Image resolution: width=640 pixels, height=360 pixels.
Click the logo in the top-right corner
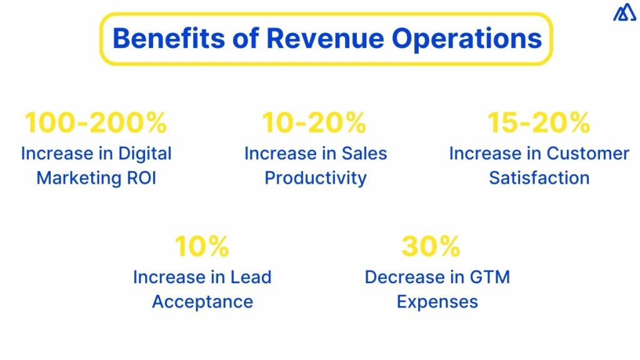click(x=624, y=12)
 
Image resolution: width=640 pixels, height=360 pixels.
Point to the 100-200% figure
click(x=96, y=123)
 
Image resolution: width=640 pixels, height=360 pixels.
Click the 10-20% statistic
click(x=314, y=123)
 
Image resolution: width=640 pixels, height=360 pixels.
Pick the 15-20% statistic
click(x=539, y=123)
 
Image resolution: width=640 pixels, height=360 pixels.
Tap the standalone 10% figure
click(x=202, y=247)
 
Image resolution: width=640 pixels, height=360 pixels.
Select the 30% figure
click(x=431, y=247)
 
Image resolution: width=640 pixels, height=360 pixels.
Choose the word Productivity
click(x=315, y=178)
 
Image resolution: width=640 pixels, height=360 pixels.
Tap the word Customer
click(x=588, y=154)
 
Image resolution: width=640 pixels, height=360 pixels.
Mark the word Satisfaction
click(x=539, y=178)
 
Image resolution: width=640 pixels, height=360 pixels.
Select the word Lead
click(x=249, y=277)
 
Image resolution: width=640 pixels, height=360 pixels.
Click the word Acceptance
click(x=202, y=302)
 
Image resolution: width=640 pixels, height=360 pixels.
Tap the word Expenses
click(x=437, y=302)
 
